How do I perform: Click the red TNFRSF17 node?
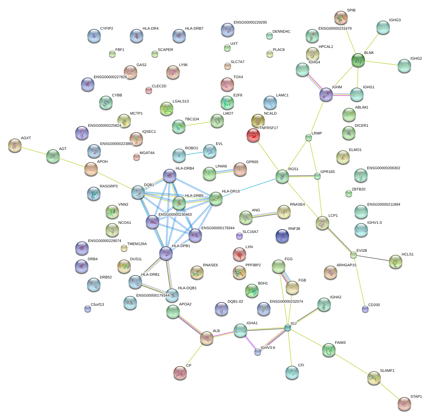click(x=253, y=136)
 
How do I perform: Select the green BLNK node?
click(x=358, y=60)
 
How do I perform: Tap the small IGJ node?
click(x=287, y=328)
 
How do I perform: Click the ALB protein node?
click(x=207, y=338)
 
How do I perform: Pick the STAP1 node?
click(x=404, y=404)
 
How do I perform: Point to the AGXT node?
click(x=15, y=145)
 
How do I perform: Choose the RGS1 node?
click(x=282, y=177)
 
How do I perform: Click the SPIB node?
click(x=341, y=18)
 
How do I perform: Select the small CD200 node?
click(x=365, y=309)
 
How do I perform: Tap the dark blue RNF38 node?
click(x=282, y=236)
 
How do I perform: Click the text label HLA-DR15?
click(x=231, y=191)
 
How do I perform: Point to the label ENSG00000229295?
click(x=250, y=23)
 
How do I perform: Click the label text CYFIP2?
click(x=107, y=29)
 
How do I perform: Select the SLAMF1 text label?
click(x=387, y=371)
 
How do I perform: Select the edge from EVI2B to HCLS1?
click(x=374, y=258)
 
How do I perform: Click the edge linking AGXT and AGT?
click(x=34, y=151)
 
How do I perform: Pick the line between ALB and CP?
click(x=194, y=355)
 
